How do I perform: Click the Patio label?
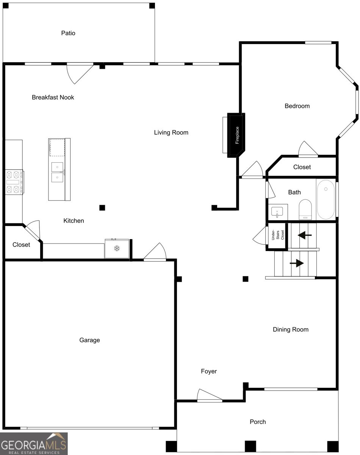click(x=68, y=33)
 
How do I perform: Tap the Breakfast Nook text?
click(x=53, y=97)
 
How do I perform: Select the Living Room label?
click(x=171, y=132)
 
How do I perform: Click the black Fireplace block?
click(x=236, y=135)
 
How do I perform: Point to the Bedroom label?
click(x=297, y=106)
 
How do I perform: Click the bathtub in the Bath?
click(x=326, y=199)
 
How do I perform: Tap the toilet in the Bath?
click(x=305, y=210)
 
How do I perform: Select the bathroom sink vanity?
click(x=278, y=212)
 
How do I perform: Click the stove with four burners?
click(x=14, y=182)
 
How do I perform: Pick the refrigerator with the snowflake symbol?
click(x=117, y=248)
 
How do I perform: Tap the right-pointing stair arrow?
click(x=297, y=263)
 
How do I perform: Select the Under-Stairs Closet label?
click(x=277, y=235)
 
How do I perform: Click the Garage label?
click(x=90, y=340)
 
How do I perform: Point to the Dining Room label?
click(x=290, y=329)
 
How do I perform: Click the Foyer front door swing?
click(x=210, y=395)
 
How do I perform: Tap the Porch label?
click(x=258, y=422)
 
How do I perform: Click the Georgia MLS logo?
click(x=34, y=444)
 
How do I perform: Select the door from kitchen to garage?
click(x=155, y=252)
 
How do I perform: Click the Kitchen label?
click(x=74, y=221)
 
